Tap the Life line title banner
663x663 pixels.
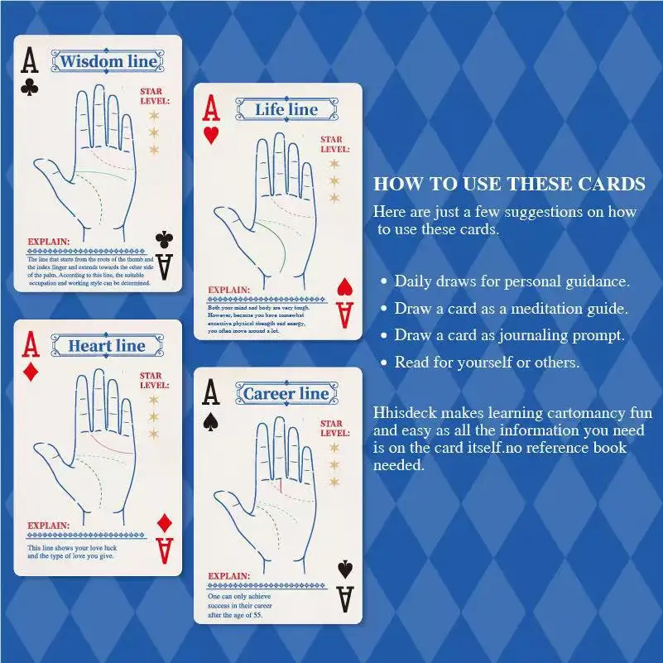(286, 109)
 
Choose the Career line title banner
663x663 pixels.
(286, 394)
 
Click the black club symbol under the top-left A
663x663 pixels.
(30, 85)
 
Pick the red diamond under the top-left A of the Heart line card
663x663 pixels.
(31, 372)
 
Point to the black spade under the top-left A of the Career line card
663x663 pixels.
(210, 420)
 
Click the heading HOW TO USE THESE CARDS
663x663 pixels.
(509, 184)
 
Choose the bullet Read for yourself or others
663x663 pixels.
(487, 363)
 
